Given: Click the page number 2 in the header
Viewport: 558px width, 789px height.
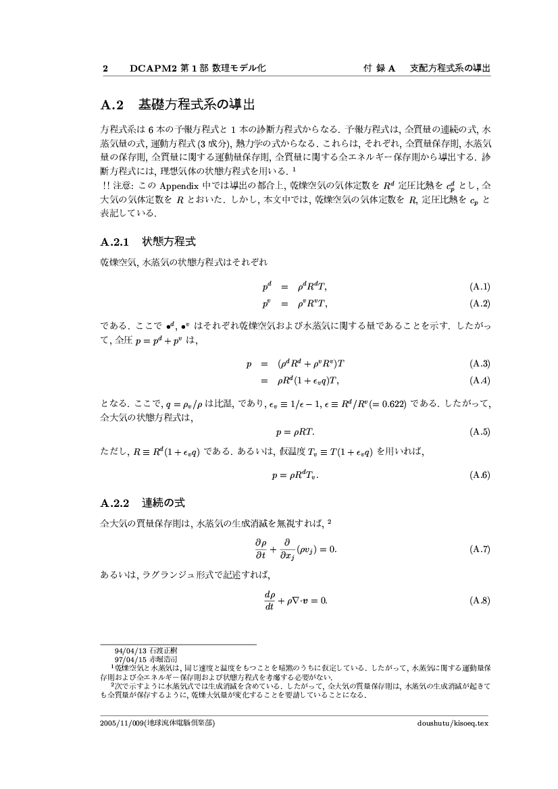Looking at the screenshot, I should (105, 69).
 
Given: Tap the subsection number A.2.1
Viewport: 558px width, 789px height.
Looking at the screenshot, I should (114, 241).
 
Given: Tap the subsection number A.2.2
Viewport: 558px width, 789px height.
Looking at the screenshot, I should (114, 503).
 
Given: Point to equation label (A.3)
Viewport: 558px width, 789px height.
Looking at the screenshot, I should (479, 364).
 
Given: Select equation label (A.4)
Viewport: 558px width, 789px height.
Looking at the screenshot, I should (479, 380).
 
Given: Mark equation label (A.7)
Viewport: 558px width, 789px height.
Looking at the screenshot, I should (479, 549).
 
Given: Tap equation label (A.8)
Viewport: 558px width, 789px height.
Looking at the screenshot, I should (479, 600).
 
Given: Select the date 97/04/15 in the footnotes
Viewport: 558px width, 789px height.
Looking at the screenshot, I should (126, 658).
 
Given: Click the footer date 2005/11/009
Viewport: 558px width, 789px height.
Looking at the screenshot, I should (122, 723).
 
